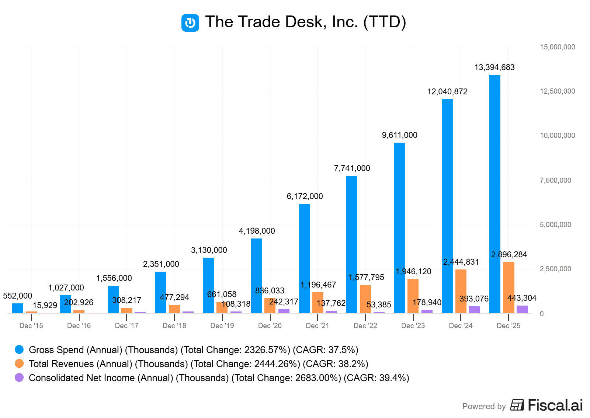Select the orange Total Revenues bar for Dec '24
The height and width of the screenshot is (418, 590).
(461, 291)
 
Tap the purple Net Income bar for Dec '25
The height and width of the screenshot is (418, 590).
(522, 309)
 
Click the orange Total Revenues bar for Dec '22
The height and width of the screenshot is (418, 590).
(365, 299)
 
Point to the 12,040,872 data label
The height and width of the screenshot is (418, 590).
(447, 91)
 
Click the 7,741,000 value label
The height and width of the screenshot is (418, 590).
(352, 168)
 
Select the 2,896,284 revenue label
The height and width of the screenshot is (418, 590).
(509, 254)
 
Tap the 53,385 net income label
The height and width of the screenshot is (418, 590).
(379, 304)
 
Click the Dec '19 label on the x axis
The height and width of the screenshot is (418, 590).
(222, 325)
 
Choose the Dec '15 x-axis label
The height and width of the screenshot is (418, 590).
(31, 325)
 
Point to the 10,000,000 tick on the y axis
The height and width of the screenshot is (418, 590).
(557, 135)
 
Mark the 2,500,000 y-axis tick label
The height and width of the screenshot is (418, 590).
(555, 269)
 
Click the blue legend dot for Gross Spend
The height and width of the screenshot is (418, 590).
(19, 349)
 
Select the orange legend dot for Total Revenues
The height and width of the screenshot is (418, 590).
(19, 363)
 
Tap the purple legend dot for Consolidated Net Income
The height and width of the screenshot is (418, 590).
(19, 377)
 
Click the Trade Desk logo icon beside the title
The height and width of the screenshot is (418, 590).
(190, 23)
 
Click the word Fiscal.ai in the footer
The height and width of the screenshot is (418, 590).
(555, 405)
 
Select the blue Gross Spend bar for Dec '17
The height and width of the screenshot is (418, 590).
(113, 299)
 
